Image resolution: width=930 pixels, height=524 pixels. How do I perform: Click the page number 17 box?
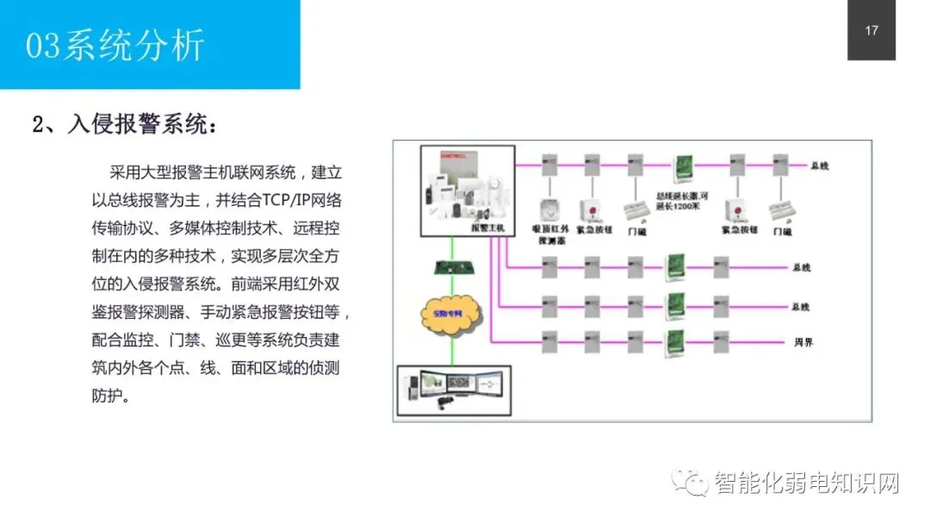(871, 31)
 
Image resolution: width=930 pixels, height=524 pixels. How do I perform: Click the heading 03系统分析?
(115, 45)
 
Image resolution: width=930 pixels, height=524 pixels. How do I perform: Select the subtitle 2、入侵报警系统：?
(125, 124)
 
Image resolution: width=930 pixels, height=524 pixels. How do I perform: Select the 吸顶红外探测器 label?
(550, 234)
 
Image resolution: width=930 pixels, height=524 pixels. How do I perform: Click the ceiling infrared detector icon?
(549, 209)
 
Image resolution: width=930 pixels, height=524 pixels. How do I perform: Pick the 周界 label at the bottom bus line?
(803, 342)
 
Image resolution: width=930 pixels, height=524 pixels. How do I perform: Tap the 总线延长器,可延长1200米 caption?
(683, 202)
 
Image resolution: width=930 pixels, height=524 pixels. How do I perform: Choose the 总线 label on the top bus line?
(819, 165)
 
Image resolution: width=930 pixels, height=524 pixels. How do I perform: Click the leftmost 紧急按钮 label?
(593, 230)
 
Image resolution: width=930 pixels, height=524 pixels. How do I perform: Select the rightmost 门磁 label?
(783, 231)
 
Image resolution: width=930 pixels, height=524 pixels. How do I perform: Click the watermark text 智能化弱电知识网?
(806, 483)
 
